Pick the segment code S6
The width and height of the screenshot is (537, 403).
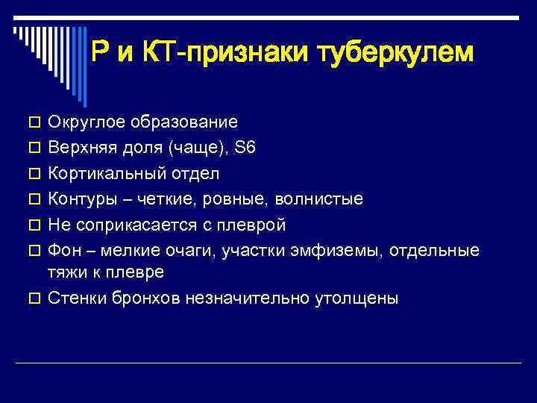click(245, 147)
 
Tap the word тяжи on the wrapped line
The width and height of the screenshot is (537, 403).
click(65, 272)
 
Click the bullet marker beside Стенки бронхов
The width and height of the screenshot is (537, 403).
click(33, 299)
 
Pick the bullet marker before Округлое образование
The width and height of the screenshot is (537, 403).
click(33, 122)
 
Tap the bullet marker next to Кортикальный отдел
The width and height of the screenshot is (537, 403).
click(33, 174)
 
